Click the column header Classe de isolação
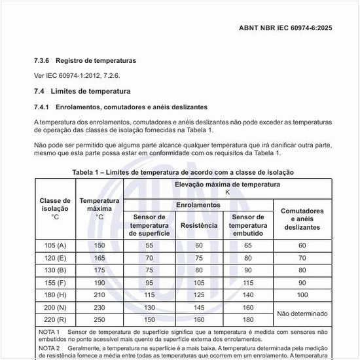point(55,208)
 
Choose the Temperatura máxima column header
point(99,208)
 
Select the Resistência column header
point(199,225)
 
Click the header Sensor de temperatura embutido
point(248,225)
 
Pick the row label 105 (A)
point(55,245)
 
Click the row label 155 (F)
point(55,283)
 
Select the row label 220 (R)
point(55,319)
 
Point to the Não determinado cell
point(302,314)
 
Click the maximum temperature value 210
point(99,295)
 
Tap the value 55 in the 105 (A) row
point(149,245)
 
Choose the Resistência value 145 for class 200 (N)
point(199,308)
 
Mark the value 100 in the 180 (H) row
point(302,295)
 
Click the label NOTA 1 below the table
point(49,332)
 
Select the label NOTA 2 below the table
point(49,348)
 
